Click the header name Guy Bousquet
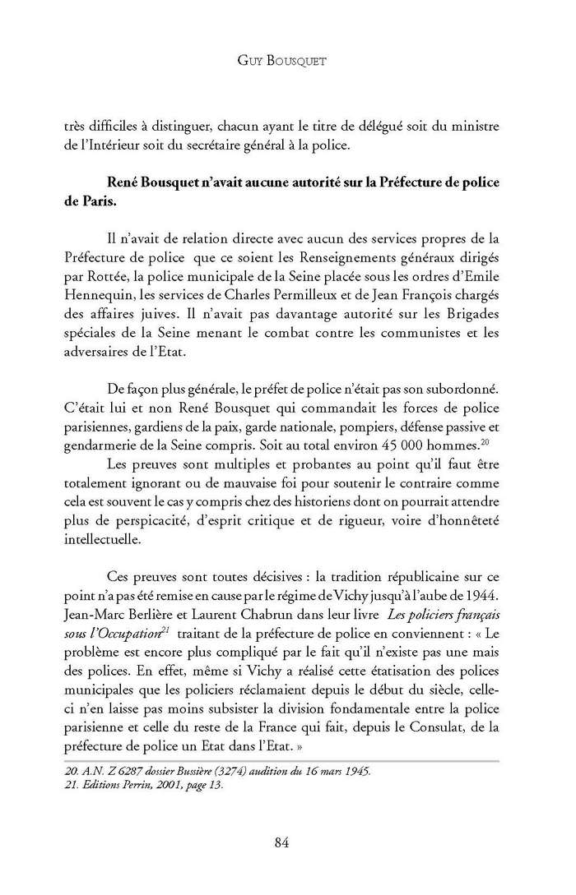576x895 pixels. (287, 60)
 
